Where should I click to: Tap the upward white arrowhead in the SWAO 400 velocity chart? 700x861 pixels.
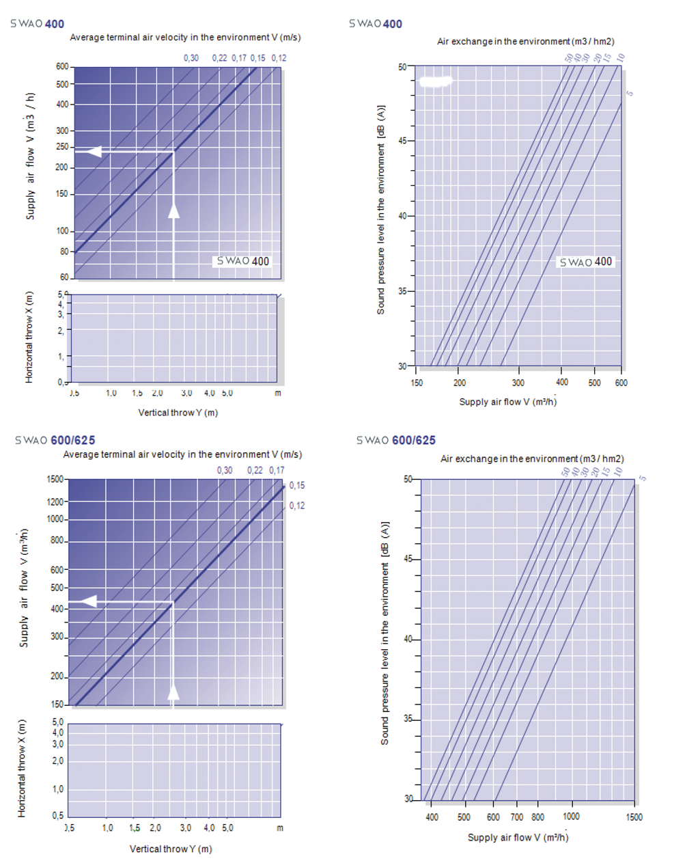174,210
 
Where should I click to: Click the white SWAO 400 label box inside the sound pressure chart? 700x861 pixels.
586,262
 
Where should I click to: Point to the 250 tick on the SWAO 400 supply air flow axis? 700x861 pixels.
63,147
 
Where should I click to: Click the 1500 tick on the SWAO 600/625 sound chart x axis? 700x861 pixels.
634,817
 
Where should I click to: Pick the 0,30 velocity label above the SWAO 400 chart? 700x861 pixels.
191,58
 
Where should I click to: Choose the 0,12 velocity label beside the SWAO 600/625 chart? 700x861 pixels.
297,506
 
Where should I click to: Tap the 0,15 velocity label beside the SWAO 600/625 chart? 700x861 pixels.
297,486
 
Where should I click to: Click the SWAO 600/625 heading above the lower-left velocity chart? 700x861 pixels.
55,440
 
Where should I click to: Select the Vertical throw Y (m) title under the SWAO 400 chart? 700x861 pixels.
178,413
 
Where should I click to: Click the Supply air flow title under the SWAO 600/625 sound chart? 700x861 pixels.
518,838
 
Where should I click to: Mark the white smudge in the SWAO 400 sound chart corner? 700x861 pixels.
436,82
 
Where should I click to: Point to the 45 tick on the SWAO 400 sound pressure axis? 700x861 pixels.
402,141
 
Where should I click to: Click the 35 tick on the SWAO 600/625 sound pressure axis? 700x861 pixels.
408,719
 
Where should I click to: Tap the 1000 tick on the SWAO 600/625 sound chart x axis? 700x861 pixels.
571,817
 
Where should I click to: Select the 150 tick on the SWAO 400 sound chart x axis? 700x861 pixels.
417,383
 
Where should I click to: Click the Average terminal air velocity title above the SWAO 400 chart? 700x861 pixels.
185,38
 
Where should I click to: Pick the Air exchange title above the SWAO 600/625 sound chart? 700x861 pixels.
532,459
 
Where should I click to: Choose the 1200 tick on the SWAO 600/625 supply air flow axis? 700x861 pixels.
55,502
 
